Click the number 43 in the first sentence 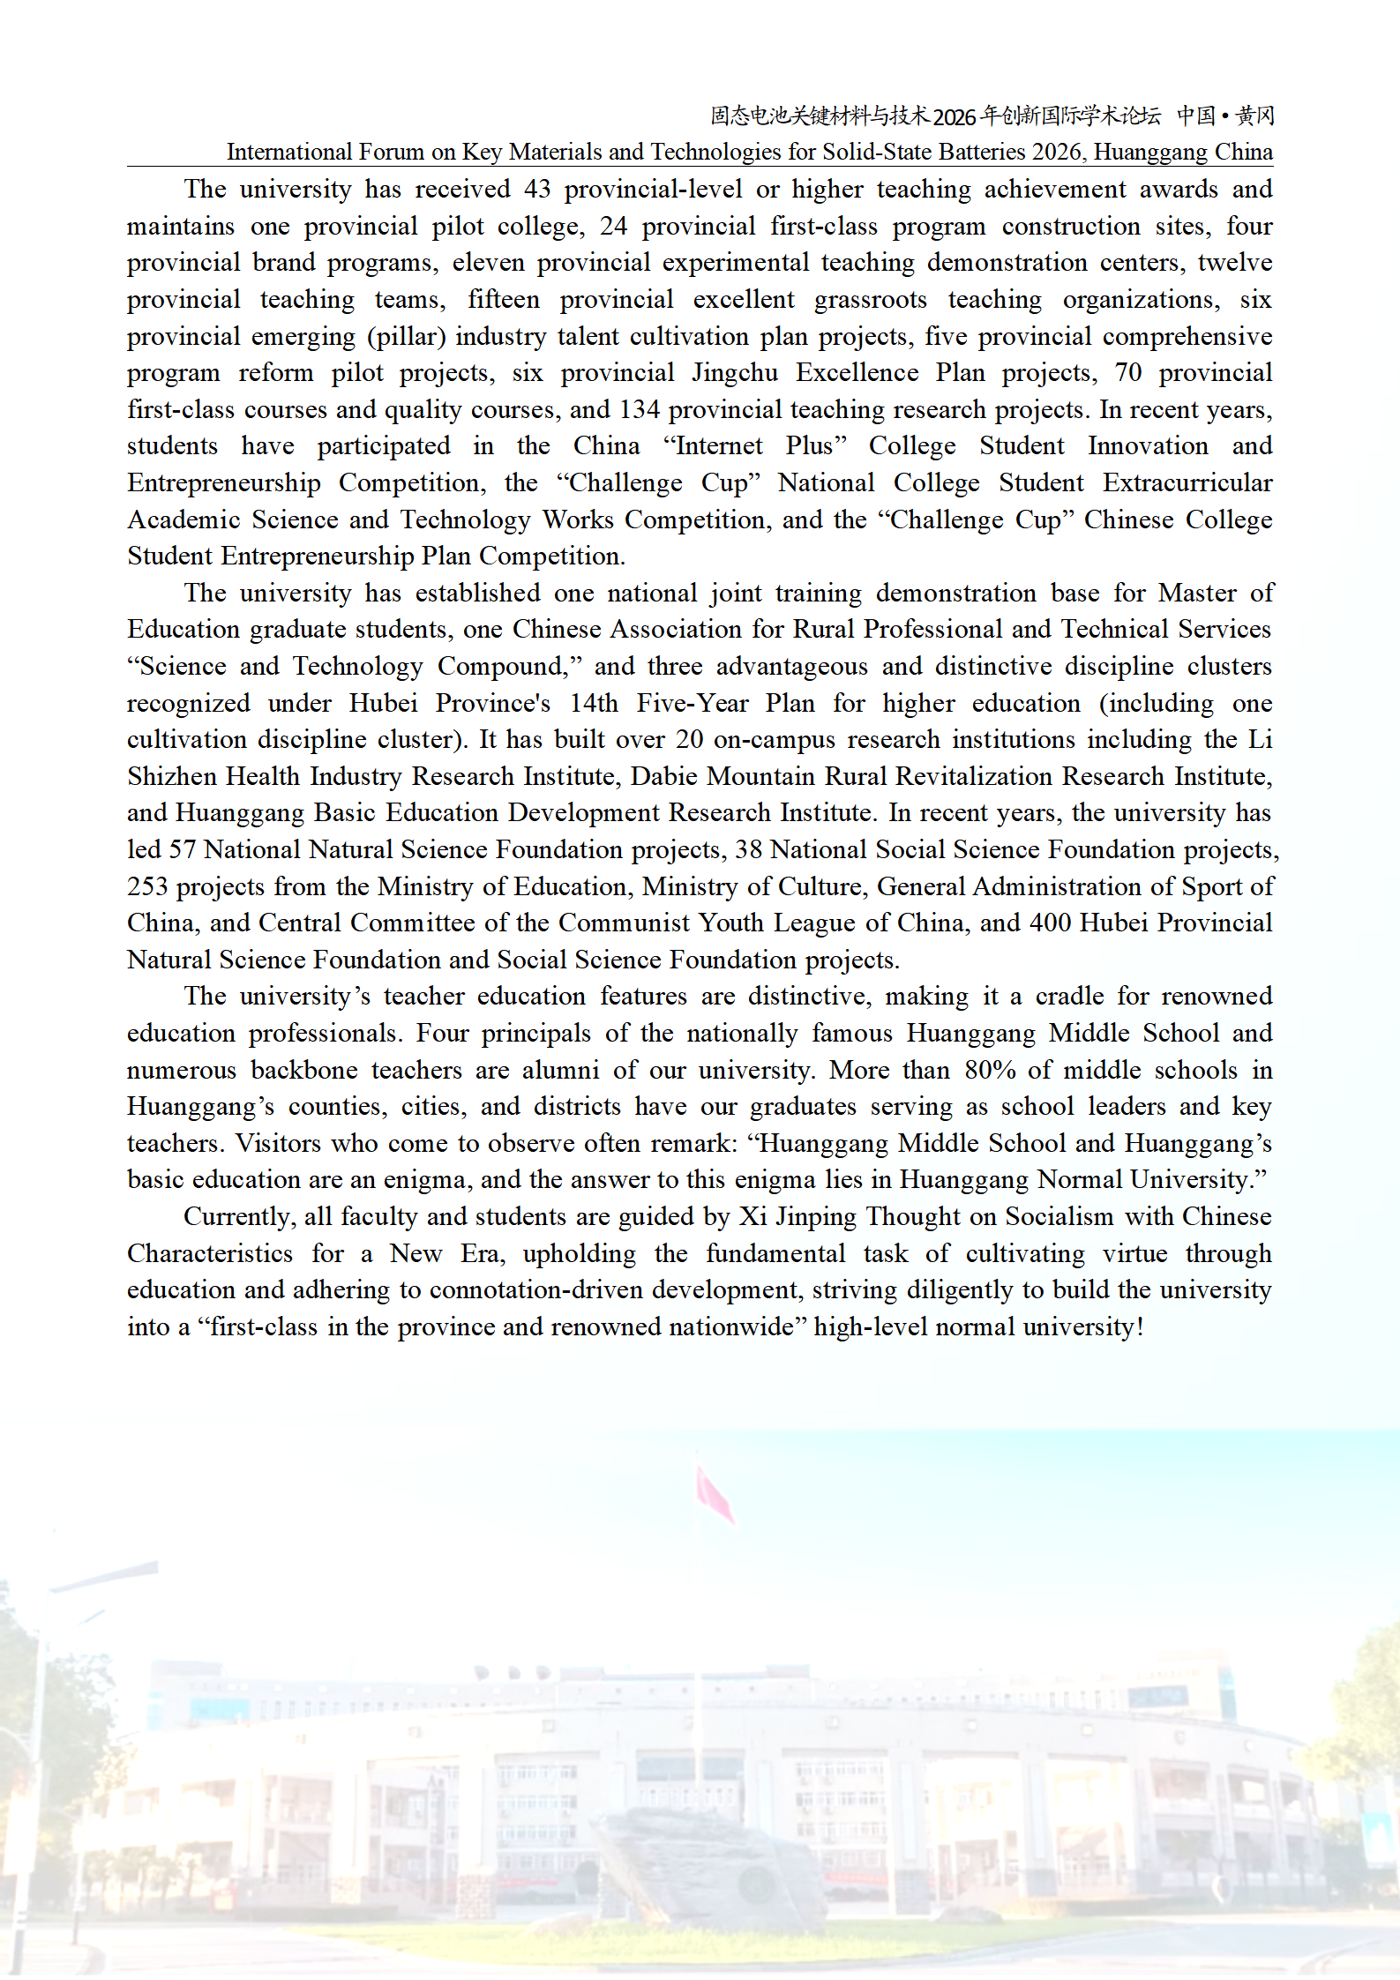click(x=536, y=189)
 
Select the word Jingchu click(x=734, y=373)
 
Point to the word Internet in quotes click(x=715, y=446)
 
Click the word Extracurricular click(x=1187, y=483)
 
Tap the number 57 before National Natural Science click(x=182, y=849)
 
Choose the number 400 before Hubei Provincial click(x=1050, y=923)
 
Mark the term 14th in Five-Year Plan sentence click(x=594, y=703)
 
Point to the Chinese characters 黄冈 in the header click(x=1254, y=116)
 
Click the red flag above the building click(x=715, y=1493)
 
